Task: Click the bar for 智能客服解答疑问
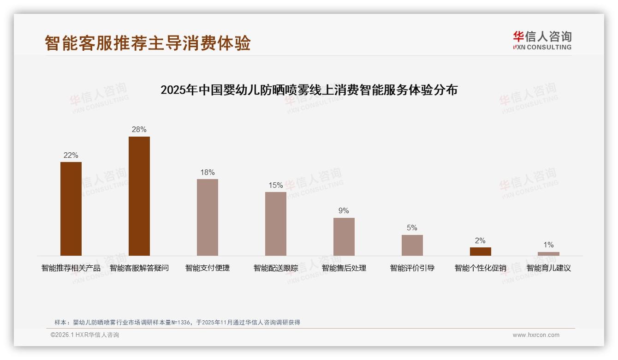click(x=139, y=196)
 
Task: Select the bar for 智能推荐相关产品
click(x=71, y=209)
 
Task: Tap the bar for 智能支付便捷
click(x=208, y=217)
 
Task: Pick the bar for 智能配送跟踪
click(x=276, y=224)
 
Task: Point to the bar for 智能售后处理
click(x=344, y=237)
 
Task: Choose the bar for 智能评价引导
click(x=412, y=245)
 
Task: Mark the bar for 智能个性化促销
click(x=481, y=252)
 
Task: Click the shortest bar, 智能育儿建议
click(x=548, y=254)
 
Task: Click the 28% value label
click(x=139, y=130)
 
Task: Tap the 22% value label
click(x=71, y=156)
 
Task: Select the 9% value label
click(x=344, y=211)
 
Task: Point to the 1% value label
click(x=548, y=245)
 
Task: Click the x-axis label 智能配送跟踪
click(x=276, y=268)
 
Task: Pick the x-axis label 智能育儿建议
click(x=549, y=268)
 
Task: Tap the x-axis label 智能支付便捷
click(x=208, y=268)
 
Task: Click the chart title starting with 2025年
click(x=309, y=90)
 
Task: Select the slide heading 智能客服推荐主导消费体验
click(x=148, y=43)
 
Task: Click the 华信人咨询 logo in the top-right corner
click(x=542, y=40)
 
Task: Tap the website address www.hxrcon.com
click(x=536, y=335)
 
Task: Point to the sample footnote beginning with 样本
click(x=177, y=323)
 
